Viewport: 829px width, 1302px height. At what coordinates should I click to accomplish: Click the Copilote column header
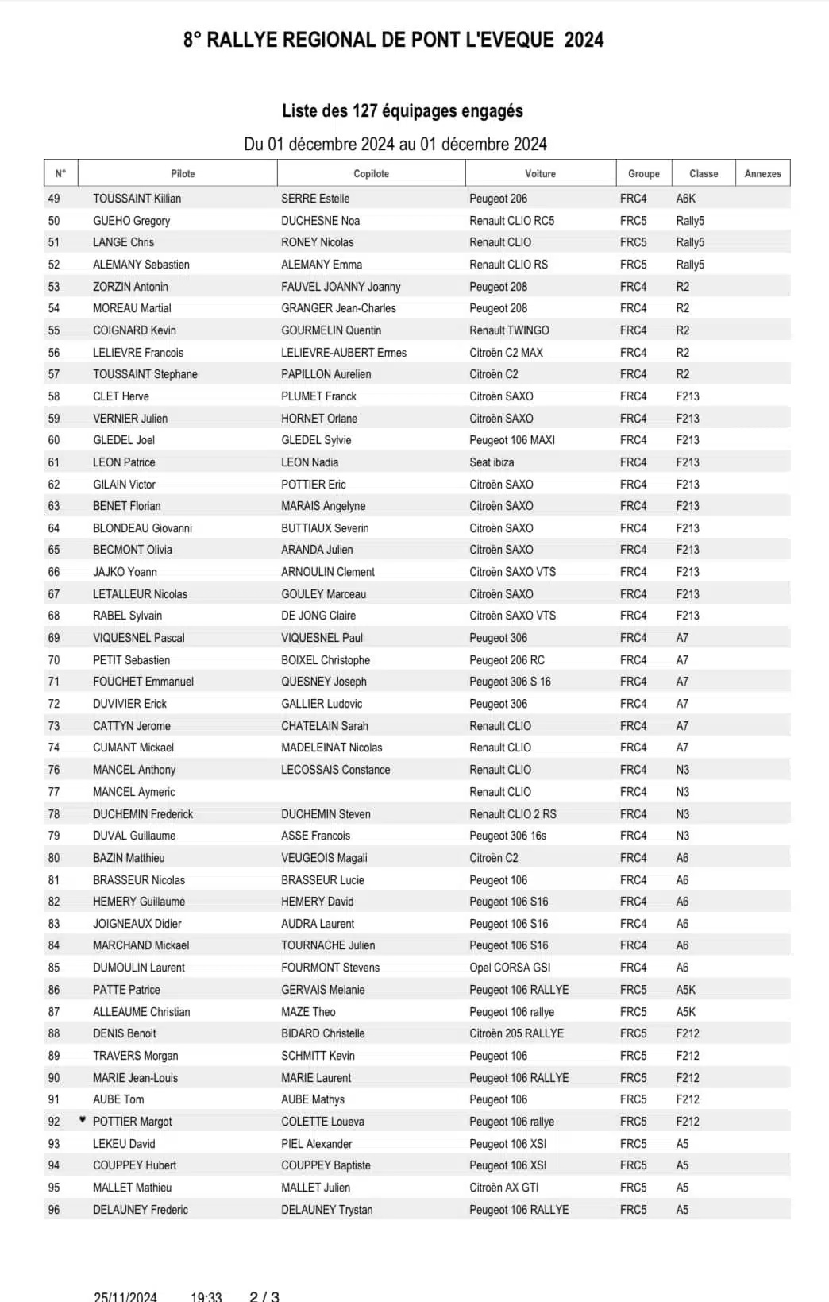coord(371,173)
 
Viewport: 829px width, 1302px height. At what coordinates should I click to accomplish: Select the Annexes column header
coord(762,173)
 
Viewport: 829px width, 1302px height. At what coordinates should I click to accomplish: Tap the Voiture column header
coord(540,173)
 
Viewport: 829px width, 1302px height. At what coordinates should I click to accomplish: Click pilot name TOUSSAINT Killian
coord(137,199)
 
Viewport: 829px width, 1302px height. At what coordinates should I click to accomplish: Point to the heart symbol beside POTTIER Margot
coord(83,1120)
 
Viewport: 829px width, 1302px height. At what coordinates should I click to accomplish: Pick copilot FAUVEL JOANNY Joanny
coord(341,287)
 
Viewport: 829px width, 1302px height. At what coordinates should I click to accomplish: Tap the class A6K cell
coord(685,199)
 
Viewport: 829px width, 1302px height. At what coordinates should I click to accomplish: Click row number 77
coord(54,792)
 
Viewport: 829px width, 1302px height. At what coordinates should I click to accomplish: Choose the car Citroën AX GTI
coord(503,1188)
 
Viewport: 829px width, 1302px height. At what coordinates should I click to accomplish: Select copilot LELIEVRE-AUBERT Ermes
coord(344,353)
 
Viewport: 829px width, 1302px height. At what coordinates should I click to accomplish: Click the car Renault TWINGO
coord(509,330)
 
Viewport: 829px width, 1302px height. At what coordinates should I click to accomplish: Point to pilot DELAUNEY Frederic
coord(141,1210)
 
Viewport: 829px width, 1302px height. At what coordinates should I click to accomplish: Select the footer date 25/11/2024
coord(125,1296)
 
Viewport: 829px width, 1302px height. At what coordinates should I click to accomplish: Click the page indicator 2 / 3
coord(264,1296)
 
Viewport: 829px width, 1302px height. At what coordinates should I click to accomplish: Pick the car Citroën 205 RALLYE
coord(516,1033)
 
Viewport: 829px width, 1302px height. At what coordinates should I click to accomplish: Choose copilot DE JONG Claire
coord(318,616)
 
